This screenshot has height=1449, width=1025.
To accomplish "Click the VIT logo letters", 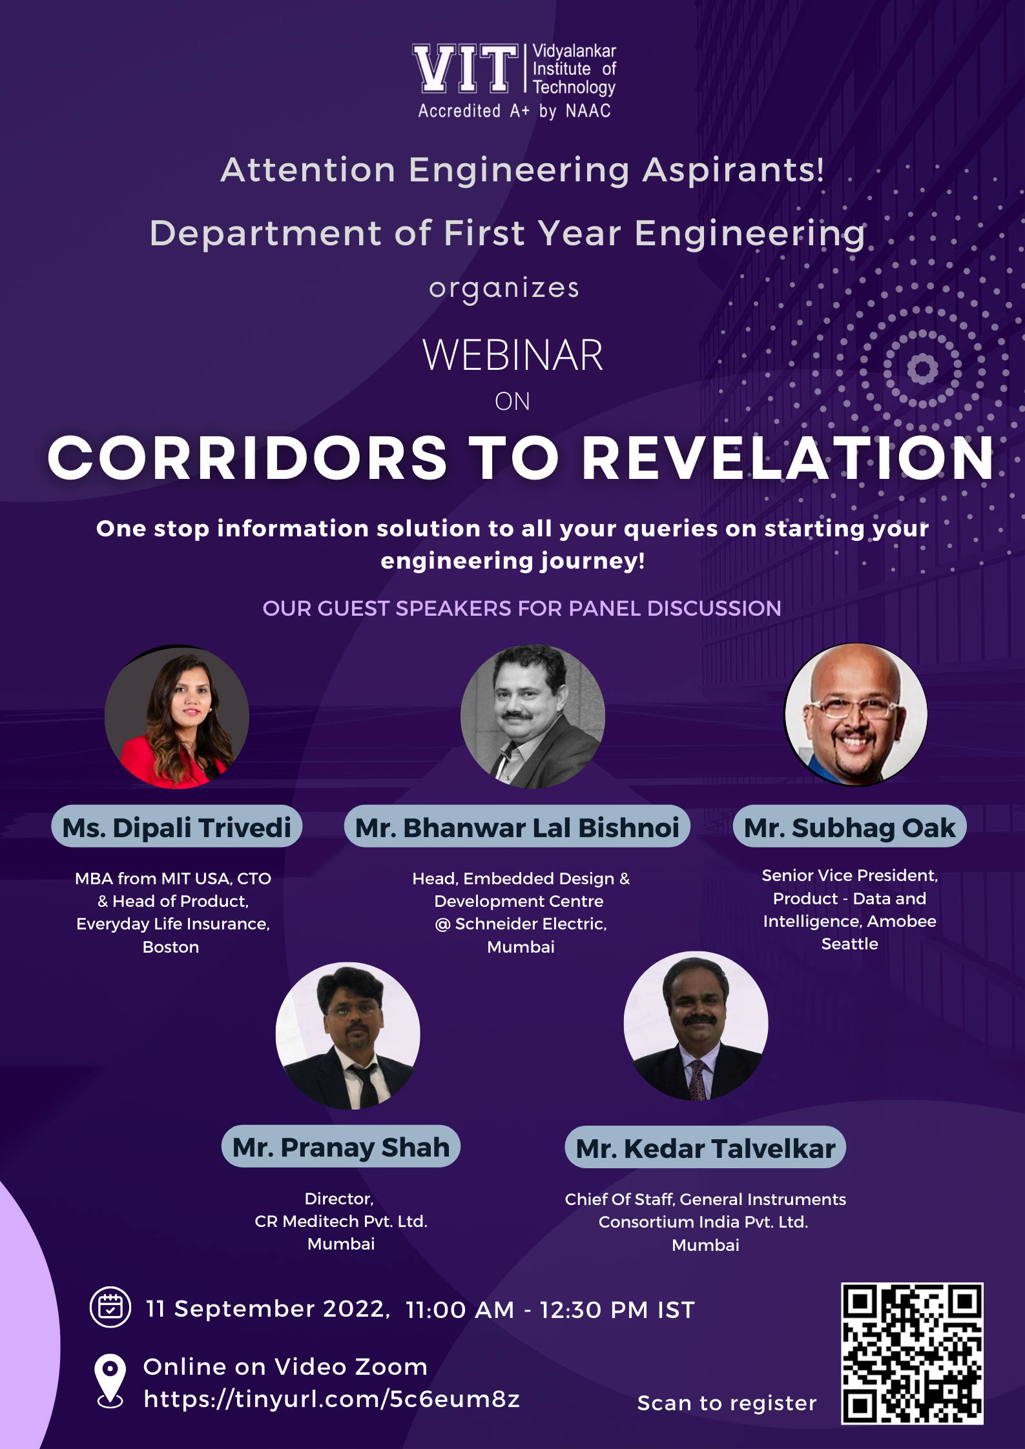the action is [x=466, y=68].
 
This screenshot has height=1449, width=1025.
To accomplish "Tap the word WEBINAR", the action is [x=513, y=355].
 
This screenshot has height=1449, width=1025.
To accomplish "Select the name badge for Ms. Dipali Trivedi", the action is [x=177, y=826].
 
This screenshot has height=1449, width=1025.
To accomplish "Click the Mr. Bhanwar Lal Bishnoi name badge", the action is [x=517, y=826].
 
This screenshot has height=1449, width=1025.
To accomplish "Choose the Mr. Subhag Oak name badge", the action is [x=850, y=826].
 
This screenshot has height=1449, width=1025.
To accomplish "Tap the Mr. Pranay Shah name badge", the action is [x=341, y=1146].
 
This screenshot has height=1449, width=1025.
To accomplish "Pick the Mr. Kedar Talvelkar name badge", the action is [x=705, y=1147].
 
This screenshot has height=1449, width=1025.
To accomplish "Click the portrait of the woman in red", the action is [x=177, y=716].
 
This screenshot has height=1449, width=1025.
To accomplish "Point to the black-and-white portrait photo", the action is [x=533, y=716].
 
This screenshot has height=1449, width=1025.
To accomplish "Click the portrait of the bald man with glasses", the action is [x=856, y=714].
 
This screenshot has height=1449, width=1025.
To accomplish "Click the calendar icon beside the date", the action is [x=110, y=1307].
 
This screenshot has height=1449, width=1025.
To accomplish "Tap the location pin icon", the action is [x=110, y=1380].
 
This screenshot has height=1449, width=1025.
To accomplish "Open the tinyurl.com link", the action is [x=331, y=1399].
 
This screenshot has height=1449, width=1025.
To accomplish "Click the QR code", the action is [x=912, y=1353].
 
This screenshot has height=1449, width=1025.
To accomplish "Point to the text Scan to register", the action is [x=727, y=1403].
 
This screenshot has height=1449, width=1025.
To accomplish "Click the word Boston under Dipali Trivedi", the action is [x=171, y=947].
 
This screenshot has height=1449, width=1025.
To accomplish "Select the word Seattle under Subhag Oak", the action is [x=850, y=944].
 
